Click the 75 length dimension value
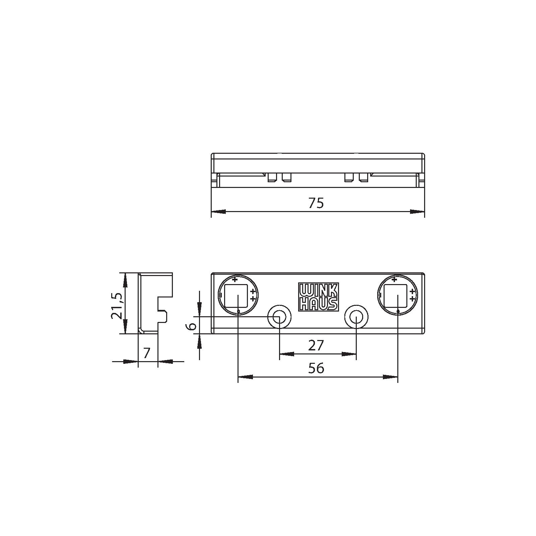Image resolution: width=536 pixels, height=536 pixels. (x=316, y=203)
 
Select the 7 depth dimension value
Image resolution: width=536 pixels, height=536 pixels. (x=146, y=353)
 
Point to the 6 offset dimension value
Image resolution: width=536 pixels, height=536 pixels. (x=192, y=326)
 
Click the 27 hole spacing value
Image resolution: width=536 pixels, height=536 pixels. (x=316, y=345)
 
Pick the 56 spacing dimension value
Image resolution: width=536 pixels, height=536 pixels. (x=316, y=368)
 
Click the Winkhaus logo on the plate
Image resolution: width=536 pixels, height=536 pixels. (x=318, y=296)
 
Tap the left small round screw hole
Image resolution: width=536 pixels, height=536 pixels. (x=279, y=317)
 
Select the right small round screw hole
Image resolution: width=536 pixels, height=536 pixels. (x=356, y=317)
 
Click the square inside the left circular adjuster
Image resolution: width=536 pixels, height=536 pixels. (x=236, y=296)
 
